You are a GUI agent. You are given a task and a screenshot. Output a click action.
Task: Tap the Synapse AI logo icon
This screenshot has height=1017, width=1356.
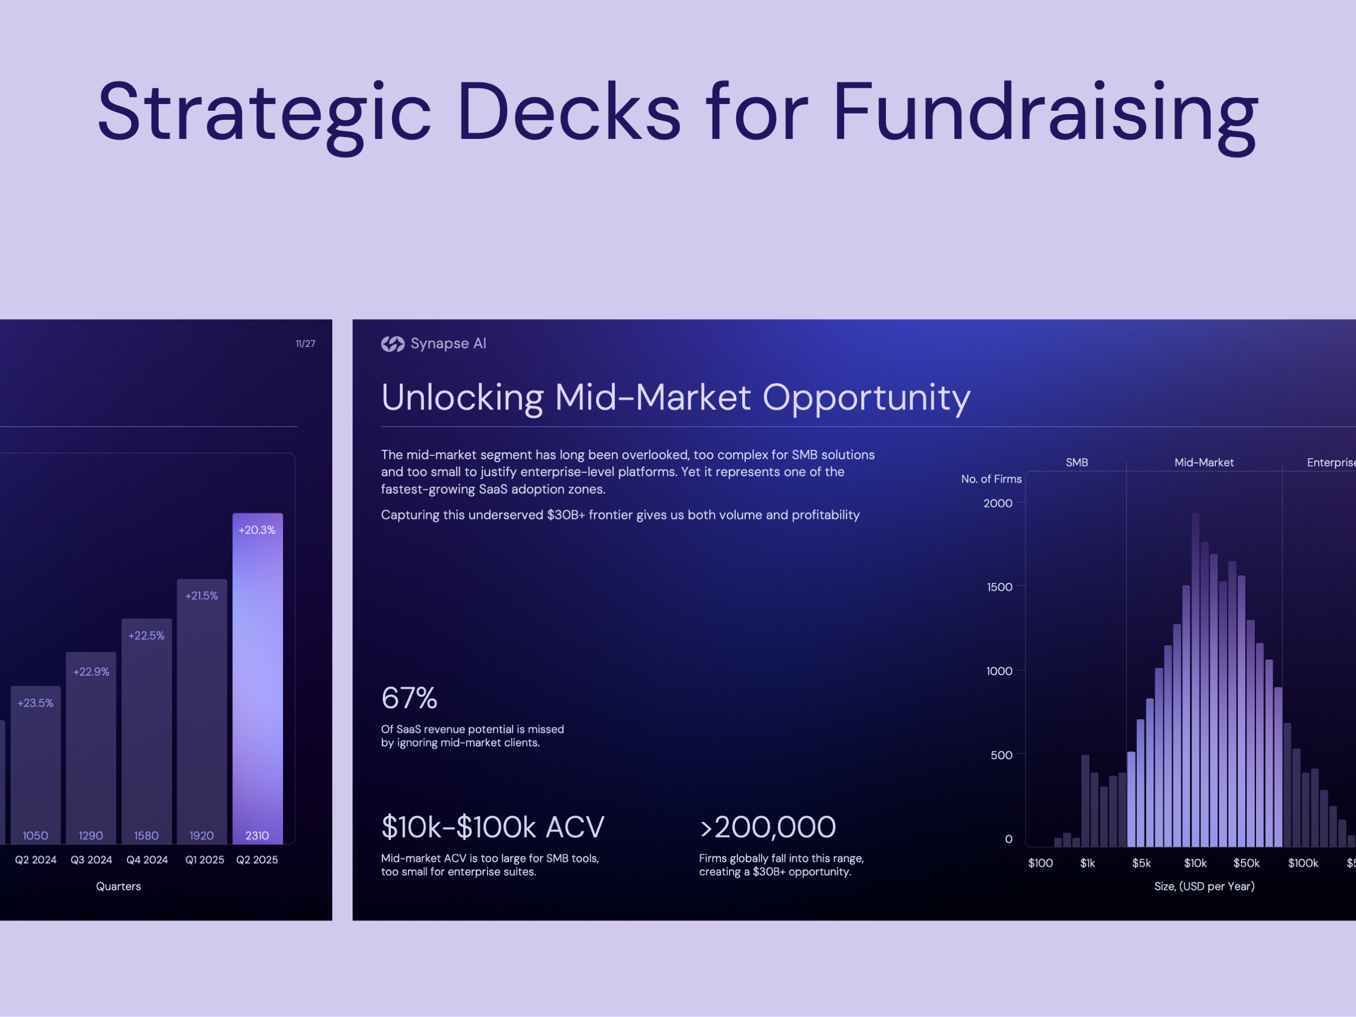click(x=392, y=344)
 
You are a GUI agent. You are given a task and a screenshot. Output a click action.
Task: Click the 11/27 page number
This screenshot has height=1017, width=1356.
click(x=305, y=344)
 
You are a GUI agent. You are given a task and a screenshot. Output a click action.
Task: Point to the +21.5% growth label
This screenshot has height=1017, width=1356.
click(x=202, y=596)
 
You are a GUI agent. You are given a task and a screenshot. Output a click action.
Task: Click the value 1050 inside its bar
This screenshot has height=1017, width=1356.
click(x=36, y=836)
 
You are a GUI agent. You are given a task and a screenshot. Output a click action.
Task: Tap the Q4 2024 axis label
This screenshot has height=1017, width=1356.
click(x=147, y=860)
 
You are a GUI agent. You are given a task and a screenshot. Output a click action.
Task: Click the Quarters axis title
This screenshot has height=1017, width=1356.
click(x=118, y=886)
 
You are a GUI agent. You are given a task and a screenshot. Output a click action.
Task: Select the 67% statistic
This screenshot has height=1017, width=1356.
click(x=410, y=698)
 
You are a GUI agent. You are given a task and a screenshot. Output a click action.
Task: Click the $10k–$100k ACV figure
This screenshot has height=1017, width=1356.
click(x=493, y=827)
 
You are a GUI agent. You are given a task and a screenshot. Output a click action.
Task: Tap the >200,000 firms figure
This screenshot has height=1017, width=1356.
click(x=767, y=827)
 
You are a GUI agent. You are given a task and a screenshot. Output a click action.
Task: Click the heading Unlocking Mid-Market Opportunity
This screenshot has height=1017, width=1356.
click(x=676, y=397)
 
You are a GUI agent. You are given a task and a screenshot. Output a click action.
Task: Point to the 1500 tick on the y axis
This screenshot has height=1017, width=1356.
click(x=999, y=587)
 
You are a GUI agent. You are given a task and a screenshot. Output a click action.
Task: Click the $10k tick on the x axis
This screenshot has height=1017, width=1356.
click(x=1195, y=863)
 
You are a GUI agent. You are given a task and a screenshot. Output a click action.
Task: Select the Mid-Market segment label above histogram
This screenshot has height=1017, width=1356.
click(x=1203, y=463)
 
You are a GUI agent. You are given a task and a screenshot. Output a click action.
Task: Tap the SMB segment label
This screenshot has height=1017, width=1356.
click(x=1076, y=463)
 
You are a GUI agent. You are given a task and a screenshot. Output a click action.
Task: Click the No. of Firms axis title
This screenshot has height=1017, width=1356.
click(x=990, y=479)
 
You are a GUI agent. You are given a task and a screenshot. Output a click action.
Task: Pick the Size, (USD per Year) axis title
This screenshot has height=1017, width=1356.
click(x=1204, y=886)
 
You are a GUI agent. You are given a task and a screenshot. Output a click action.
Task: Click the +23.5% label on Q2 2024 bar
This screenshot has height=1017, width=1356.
click(x=36, y=703)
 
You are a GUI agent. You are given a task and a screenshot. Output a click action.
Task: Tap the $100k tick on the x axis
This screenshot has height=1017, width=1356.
click(x=1303, y=863)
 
